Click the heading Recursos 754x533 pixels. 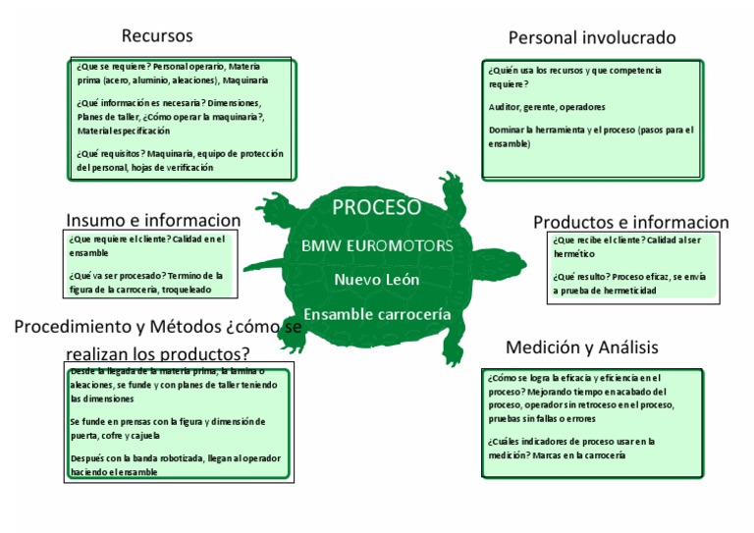[157, 36]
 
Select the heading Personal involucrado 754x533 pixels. [592, 38]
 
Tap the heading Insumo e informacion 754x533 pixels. [153, 220]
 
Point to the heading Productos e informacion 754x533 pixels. [630, 222]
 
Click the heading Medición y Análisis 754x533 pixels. [582, 347]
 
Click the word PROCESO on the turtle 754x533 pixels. [377, 207]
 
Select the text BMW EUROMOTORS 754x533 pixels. [377, 244]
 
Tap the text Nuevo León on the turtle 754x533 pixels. [377, 279]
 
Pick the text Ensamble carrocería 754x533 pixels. [377, 314]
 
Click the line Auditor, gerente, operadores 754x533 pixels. [547, 107]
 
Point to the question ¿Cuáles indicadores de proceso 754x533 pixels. [570, 442]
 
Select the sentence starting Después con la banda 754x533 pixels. [175, 458]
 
